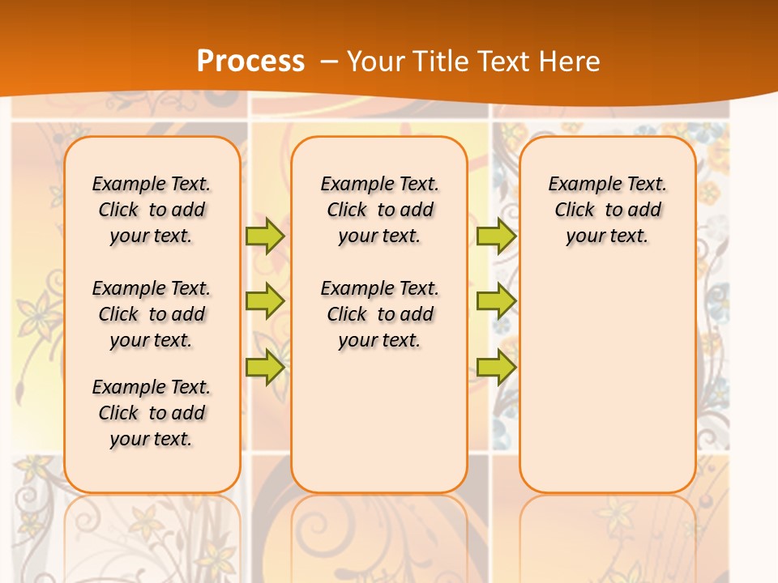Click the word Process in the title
250,62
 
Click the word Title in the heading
436,62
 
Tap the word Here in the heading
570,62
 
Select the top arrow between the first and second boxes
265,236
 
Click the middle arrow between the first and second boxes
265,301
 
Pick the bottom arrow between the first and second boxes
265,367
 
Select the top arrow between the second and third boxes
496,236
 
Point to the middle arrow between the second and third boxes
496,301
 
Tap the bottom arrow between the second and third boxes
496,367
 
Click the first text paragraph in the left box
152,210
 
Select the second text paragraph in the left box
152,314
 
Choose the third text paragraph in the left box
152,413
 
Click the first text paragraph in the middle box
380,210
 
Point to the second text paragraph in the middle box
380,314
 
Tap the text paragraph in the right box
608,210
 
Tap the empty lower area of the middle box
379,421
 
